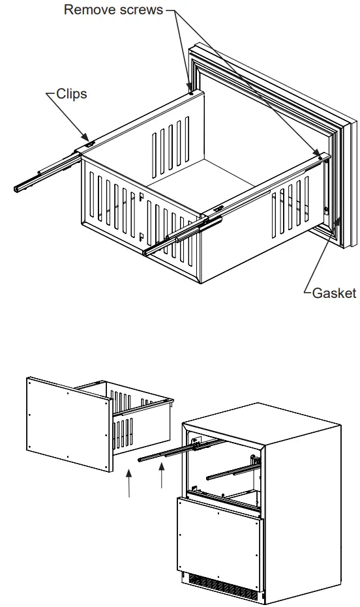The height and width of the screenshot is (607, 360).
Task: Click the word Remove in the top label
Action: pyautogui.click(x=89, y=10)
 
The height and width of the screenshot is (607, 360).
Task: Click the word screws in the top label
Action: pyautogui.click(x=140, y=10)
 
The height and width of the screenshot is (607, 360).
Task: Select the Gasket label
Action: pyautogui.click(x=334, y=293)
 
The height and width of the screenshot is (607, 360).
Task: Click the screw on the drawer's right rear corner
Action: pyautogui.click(x=320, y=154)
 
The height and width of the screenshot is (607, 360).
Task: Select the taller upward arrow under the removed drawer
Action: pyautogui.click(x=130, y=485)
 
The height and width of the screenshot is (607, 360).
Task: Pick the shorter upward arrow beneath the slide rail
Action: pyautogui.click(x=161, y=479)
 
